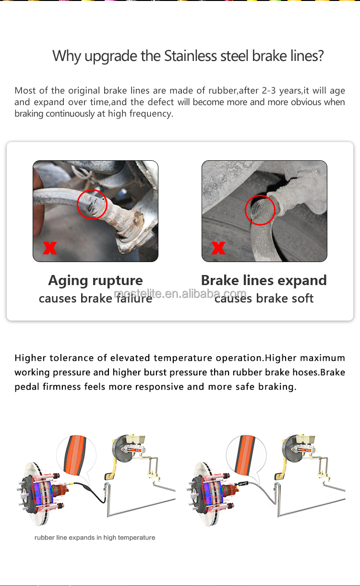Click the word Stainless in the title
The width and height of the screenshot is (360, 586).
(x=190, y=56)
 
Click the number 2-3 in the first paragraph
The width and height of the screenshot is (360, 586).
(x=269, y=91)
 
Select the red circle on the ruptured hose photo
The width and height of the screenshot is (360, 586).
(x=92, y=204)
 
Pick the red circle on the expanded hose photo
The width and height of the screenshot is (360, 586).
(x=260, y=210)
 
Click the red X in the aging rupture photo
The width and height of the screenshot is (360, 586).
(x=50, y=248)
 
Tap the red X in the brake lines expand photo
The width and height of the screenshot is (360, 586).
(x=218, y=248)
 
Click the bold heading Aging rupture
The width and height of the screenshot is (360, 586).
(x=96, y=281)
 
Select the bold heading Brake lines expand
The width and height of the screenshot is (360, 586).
(x=264, y=280)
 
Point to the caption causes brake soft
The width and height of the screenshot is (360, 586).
(x=264, y=299)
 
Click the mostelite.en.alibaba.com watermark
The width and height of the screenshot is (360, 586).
(x=180, y=294)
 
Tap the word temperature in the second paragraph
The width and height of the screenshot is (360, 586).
(x=183, y=358)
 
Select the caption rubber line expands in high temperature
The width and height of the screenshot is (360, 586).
(x=95, y=538)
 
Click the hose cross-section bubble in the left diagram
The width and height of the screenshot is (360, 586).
(x=76, y=456)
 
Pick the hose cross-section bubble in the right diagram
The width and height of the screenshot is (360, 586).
(x=246, y=456)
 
